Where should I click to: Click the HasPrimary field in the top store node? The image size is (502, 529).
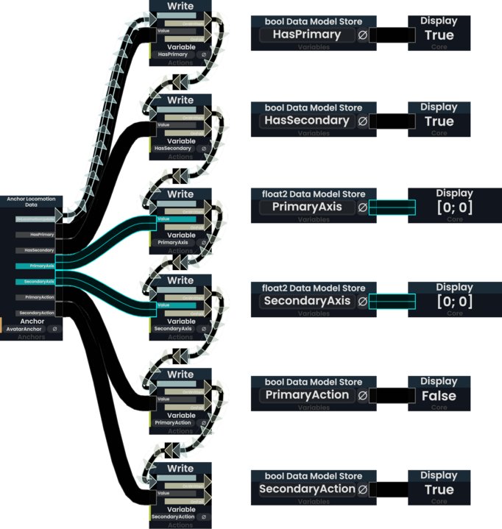point(307,35)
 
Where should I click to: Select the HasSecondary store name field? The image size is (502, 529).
point(307,121)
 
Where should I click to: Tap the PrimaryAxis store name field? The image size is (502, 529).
point(307,207)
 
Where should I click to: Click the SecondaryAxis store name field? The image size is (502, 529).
point(307,301)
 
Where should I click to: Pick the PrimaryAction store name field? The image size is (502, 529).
point(307,395)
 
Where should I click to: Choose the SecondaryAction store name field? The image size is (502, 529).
point(307,489)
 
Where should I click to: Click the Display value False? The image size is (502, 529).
point(439,396)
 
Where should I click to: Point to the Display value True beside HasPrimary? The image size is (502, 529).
point(439,35)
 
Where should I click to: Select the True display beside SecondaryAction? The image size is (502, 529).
point(439,490)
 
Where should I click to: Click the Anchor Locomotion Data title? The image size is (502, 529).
point(31,202)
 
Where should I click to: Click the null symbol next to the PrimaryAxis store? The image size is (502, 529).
point(362,207)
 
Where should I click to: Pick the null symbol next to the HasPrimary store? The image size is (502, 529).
point(362,35)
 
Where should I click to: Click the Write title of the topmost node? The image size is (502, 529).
point(180,7)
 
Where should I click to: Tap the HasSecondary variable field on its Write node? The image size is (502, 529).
point(173,149)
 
